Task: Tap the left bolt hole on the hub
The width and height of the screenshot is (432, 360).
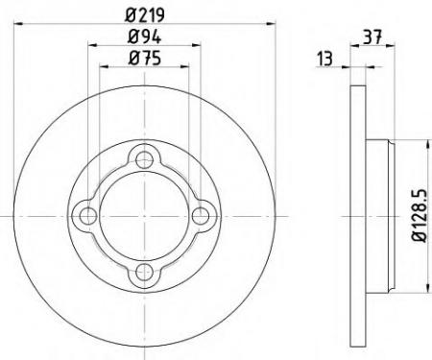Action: click(x=87, y=216)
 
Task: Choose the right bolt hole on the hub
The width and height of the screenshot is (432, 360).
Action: click(x=202, y=216)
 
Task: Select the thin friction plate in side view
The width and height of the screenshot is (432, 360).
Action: click(x=358, y=216)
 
